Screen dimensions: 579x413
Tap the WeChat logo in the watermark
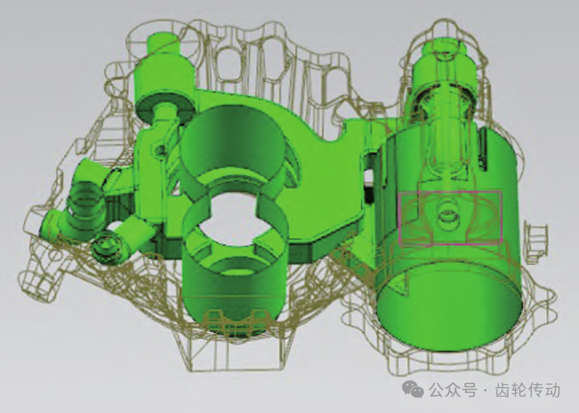click(412, 390)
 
